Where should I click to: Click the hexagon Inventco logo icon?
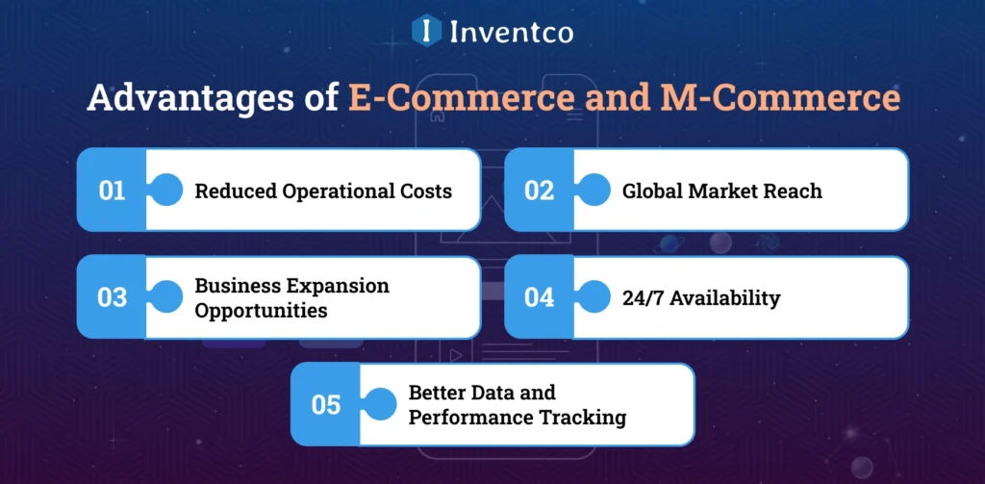425,30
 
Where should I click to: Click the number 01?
113,191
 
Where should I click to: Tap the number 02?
540,191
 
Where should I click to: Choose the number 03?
113,297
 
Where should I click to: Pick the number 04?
540,297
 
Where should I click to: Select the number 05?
326,405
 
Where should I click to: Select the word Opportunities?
261,311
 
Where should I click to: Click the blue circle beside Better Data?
381,404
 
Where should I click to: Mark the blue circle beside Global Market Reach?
595,190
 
